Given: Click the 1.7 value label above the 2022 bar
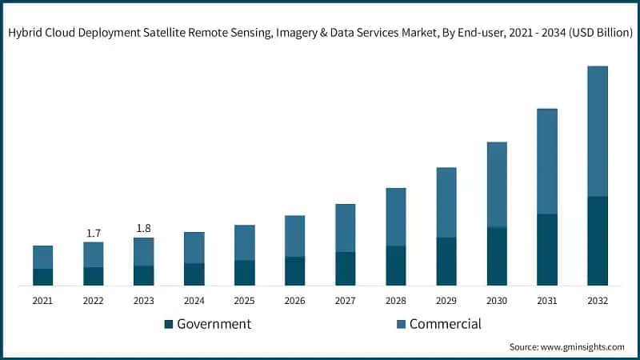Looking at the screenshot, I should pyautogui.click(x=94, y=233).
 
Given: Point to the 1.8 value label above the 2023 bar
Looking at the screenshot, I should pyautogui.click(x=144, y=228).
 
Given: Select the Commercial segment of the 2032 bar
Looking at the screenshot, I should pyautogui.click(x=597, y=131).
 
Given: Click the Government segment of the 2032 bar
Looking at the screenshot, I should pyautogui.click(x=597, y=241).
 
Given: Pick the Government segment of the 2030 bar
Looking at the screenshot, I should pyautogui.click(x=496, y=256).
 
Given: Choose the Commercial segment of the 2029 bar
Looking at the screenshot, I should pyautogui.click(x=446, y=202).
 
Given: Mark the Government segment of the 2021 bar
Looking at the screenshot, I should pyautogui.click(x=43, y=277).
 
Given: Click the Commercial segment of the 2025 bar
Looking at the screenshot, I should pyautogui.click(x=245, y=242).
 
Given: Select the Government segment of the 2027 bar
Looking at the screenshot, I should pyautogui.click(x=346, y=269).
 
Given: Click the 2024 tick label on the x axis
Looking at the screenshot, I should pyautogui.click(x=194, y=301).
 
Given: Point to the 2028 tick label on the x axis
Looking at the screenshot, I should pyautogui.click(x=396, y=301).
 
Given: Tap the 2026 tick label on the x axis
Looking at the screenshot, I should pyautogui.click(x=295, y=301).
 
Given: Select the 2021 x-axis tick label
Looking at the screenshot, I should pyautogui.click(x=43, y=301).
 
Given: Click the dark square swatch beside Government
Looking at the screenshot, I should pyautogui.click(x=168, y=325).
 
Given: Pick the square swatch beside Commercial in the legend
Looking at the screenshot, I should pyautogui.click(x=400, y=325).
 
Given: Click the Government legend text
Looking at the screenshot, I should pyautogui.click(x=214, y=324).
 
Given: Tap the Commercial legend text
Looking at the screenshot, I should pyautogui.click(x=445, y=324).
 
